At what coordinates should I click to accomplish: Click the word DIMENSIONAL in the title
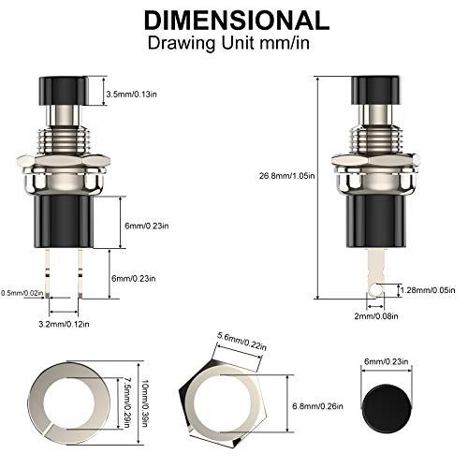click(234, 20)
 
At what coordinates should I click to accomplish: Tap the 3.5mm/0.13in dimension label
click(138, 94)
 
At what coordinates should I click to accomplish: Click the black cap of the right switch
click(373, 91)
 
